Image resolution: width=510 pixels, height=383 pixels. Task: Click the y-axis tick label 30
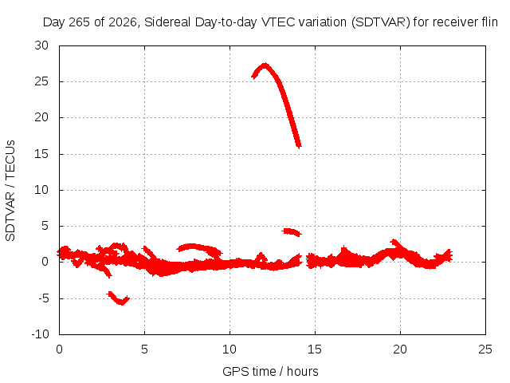coord(41,45)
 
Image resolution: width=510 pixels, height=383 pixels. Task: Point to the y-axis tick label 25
coord(41,81)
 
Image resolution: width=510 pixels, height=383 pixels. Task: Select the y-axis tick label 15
coord(41,154)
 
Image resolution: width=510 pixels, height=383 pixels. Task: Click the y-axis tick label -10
coord(40,334)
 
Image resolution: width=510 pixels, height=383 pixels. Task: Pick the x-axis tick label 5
coord(144,349)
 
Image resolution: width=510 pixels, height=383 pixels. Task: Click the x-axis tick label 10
coord(229,349)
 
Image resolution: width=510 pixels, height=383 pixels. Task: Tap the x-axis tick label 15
coord(315,349)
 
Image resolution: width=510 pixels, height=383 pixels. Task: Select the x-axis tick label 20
coord(400,349)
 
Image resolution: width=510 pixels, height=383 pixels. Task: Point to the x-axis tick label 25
coord(485,349)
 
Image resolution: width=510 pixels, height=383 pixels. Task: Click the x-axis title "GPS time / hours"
coord(270,372)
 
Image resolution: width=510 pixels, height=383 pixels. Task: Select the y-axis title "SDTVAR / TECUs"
coord(10,191)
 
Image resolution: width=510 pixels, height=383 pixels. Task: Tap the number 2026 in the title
coord(123,22)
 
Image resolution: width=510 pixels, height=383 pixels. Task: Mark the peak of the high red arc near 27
coord(265,65)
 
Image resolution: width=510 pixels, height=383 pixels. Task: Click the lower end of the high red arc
coord(299,146)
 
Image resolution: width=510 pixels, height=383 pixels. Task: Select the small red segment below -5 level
coord(118,298)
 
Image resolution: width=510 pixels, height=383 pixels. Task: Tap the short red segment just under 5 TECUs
coord(292,232)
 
